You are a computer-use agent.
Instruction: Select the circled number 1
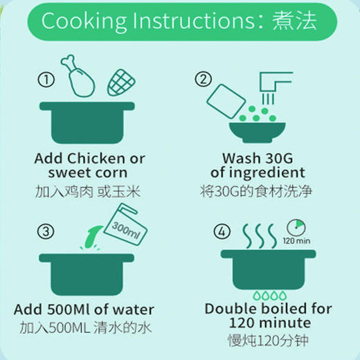tap(46, 80)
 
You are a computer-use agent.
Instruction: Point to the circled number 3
tap(46, 231)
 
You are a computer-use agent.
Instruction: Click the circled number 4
tap(202, 231)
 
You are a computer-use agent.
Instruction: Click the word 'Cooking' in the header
tap(79, 20)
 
